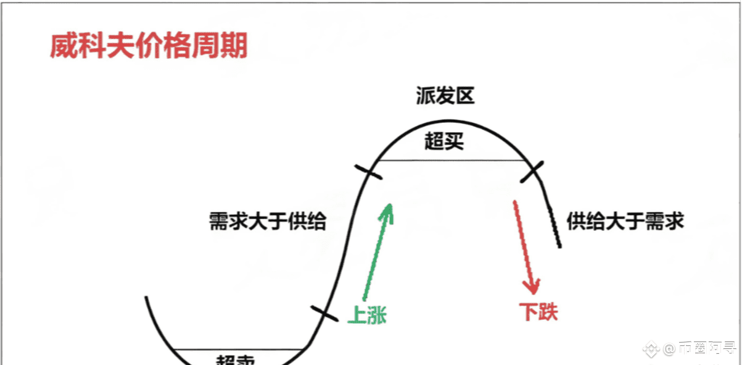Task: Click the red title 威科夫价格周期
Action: click(149, 46)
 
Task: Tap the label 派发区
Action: click(445, 96)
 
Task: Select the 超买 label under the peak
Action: click(444, 142)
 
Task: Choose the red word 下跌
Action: click(538, 312)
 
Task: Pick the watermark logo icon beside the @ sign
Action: click(651, 350)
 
